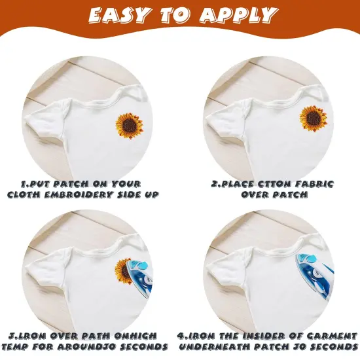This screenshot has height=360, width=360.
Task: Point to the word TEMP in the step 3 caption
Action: tap(20, 345)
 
